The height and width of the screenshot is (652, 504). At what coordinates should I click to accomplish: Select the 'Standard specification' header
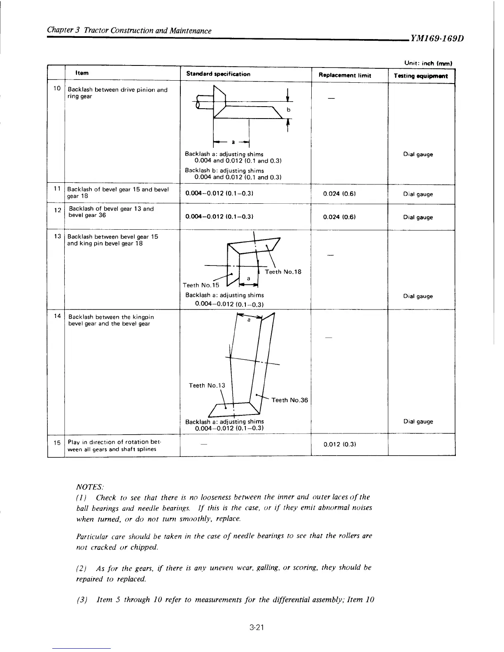(218, 74)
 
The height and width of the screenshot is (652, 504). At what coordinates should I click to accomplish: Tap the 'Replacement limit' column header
(345, 75)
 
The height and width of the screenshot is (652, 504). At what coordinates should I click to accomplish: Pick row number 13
(57, 236)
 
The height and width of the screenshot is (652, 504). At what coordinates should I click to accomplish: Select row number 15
(57, 442)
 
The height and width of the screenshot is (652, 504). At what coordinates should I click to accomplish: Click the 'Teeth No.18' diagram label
(283, 272)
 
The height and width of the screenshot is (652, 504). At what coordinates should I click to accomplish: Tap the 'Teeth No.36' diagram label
(290, 400)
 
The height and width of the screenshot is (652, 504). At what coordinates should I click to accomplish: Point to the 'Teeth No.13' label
(207, 385)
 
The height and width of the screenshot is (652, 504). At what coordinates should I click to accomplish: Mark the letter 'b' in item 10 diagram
(289, 110)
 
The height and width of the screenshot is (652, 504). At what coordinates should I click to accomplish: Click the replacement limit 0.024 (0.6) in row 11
(340, 194)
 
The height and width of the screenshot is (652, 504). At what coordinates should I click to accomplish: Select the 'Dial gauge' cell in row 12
(418, 217)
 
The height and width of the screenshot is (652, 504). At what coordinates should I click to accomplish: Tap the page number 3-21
(256, 628)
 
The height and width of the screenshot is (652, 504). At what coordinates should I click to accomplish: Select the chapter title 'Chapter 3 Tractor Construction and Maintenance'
(129, 31)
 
